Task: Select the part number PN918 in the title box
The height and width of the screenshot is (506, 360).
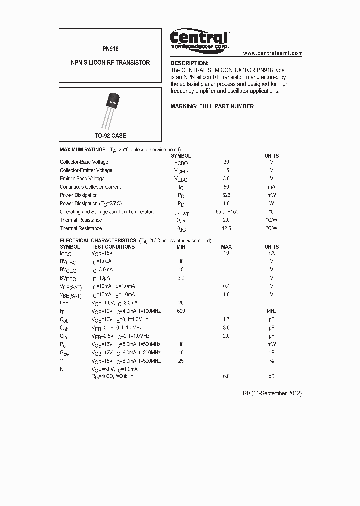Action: pos(110,49)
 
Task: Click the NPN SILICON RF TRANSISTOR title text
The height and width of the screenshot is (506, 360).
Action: pos(110,63)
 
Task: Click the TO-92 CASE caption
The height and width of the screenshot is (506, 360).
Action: pos(110,136)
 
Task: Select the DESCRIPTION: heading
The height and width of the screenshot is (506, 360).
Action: pos(189,63)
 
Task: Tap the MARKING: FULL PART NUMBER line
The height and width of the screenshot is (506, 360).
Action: pos(212,106)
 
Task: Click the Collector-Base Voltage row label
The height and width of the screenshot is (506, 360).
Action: pos(84,162)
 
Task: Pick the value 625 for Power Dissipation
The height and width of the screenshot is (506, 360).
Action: pos(226,195)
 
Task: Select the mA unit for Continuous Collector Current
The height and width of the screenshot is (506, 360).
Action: pos(272,187)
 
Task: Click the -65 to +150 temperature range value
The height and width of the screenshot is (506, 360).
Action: pos(226,212)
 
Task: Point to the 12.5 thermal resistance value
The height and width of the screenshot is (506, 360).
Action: pos(226,228)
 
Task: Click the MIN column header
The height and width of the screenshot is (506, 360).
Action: pos(181,247)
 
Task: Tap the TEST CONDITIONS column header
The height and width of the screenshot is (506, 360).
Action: pos(113,247)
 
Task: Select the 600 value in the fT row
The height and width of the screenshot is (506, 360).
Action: pos(181,311)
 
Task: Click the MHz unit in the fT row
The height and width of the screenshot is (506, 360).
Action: pos(272,311)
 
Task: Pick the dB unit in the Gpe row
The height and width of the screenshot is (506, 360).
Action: pos(272,352)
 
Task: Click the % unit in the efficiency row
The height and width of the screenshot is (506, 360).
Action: pos(272,361)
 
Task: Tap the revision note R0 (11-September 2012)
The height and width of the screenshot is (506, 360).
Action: pos(272,393)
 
